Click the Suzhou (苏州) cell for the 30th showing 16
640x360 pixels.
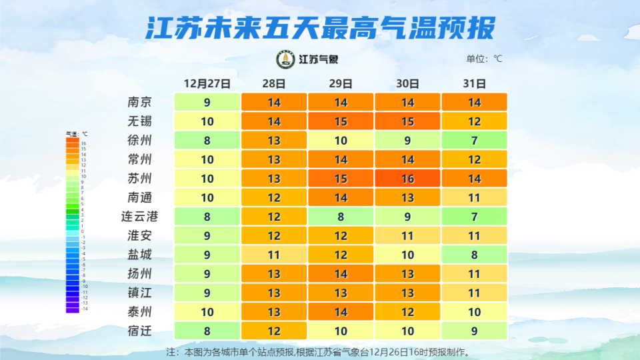click(x=407, y=179)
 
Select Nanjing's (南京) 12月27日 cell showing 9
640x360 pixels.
click(x=207, y=103)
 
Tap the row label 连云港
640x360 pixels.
click(x=139, y=217)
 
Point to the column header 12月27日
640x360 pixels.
click(x=207, y=84)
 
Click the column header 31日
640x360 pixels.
click(x=474, y=84)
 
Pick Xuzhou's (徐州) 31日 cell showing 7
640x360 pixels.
click(x=474, y=141)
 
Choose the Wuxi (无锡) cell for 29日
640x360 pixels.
click(x=341, y=121)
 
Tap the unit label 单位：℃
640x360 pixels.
click(x=484, y=59)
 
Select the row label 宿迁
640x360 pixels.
click(x=139, y=331)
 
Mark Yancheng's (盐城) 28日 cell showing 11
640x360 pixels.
click(x=274, y=255)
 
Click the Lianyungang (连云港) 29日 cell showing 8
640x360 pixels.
click(x=341, y=217)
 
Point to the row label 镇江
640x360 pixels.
click(x=139, y=293)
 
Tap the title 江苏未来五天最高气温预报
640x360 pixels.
click(x=320, y=28)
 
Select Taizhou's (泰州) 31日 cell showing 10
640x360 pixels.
click(x=474, y=312)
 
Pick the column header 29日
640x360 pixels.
click(x=341, y=84)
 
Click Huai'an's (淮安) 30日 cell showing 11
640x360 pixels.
click(x=407, y=236)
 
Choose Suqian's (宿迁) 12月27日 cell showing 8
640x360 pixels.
click(x=207, y=331)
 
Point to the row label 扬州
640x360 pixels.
click(x=139, y=274)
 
